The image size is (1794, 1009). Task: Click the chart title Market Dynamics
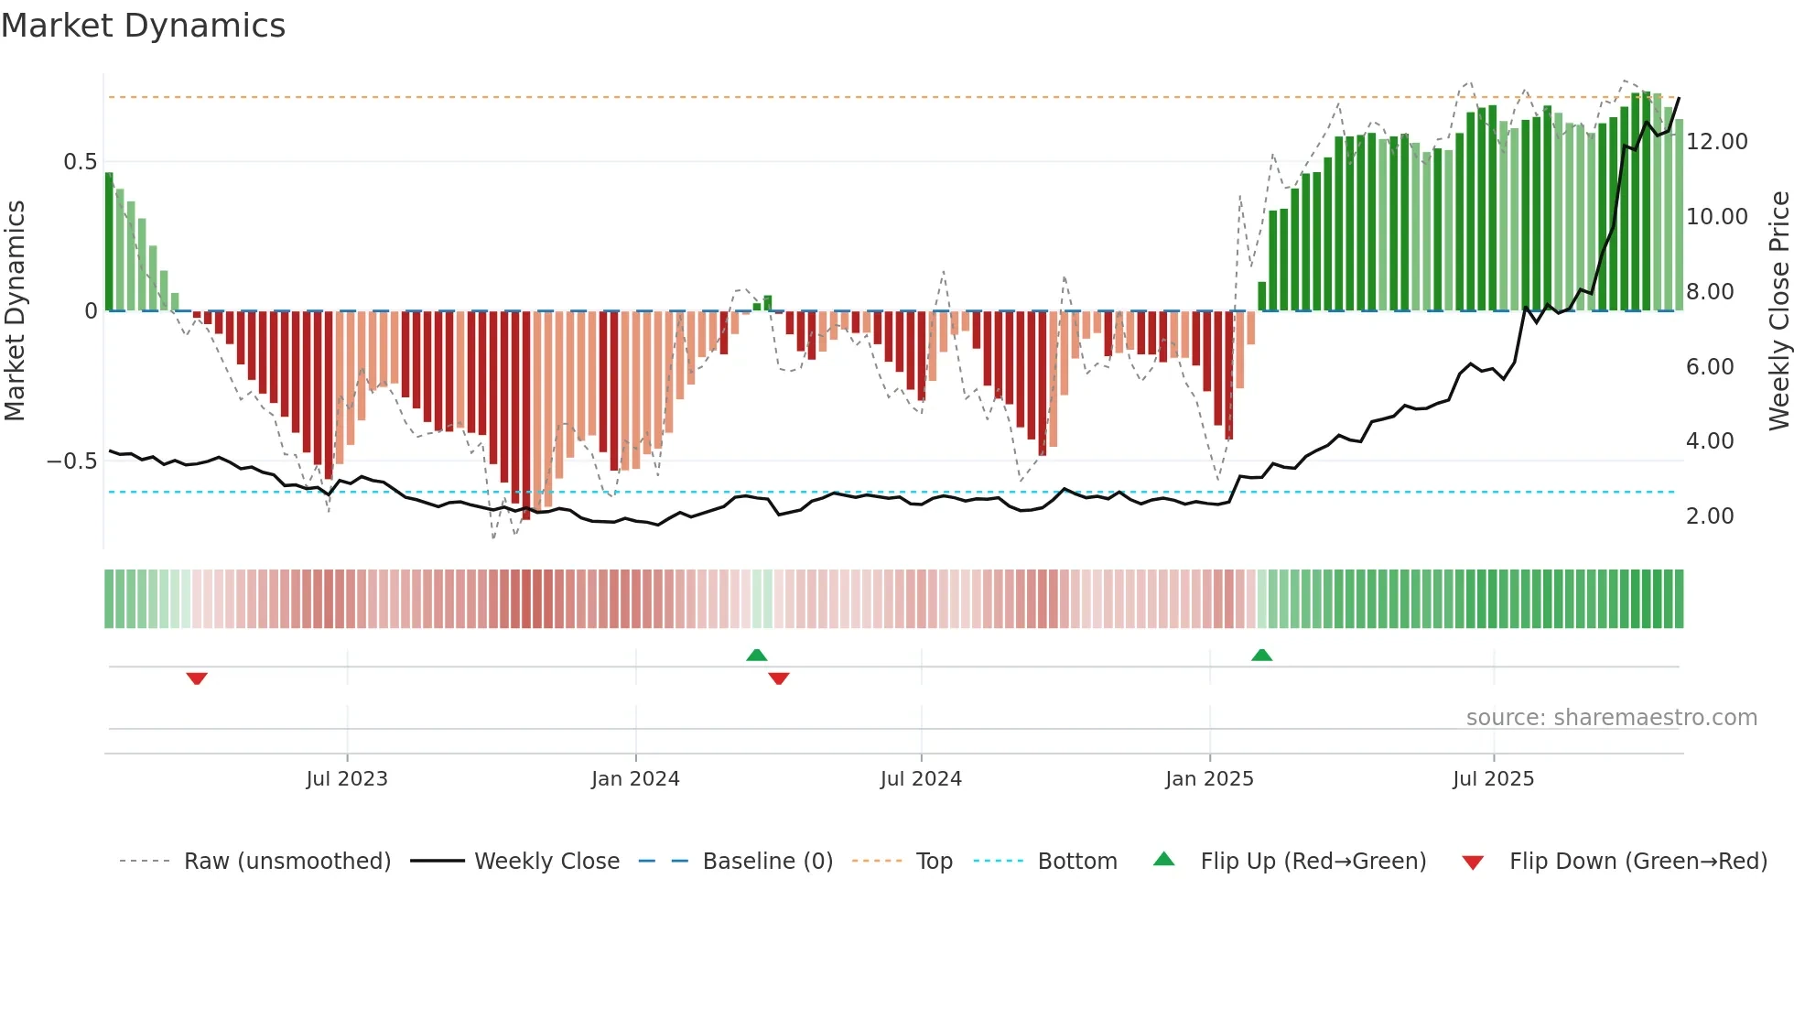coord(144,26)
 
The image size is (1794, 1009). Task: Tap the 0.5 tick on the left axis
coord(80,162)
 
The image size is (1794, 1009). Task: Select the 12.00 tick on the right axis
coord(1716,142)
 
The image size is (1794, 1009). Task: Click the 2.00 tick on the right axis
coord(1709,516)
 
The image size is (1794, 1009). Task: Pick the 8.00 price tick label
coord(1709,292)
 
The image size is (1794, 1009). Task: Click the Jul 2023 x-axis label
coord(347,779)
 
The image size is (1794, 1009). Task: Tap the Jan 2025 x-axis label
coord(1209,779)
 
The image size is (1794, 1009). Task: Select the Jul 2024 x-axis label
coord(921,779)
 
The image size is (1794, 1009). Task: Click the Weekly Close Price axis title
coord(1778,311)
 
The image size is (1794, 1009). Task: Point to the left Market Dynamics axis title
coord(15,311)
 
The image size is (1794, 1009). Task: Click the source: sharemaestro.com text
coord(1611,718)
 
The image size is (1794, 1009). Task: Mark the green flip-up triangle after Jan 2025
coord(1261,656)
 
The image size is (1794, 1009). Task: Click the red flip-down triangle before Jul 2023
coord(197,678)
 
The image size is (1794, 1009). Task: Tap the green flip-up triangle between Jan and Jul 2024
coord(756,656)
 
